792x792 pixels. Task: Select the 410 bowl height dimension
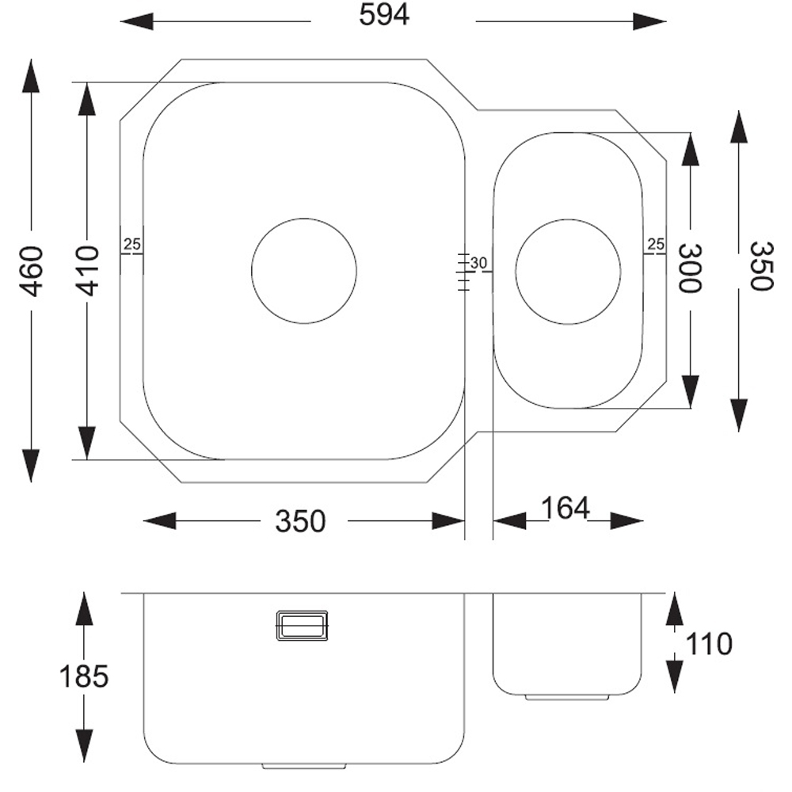pos(88,271)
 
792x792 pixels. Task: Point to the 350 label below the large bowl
pos(300,521)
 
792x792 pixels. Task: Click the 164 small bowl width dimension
pos(565,509)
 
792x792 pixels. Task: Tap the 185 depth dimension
pos(83,677)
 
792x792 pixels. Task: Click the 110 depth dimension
pos(709,645)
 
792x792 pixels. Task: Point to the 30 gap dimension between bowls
pos(478,263)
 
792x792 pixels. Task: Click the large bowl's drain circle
pos(304,271)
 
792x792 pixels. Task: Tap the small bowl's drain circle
pos(568,271)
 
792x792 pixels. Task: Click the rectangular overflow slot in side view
pos(301,625)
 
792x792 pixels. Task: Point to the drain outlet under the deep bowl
pos(305,767)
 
